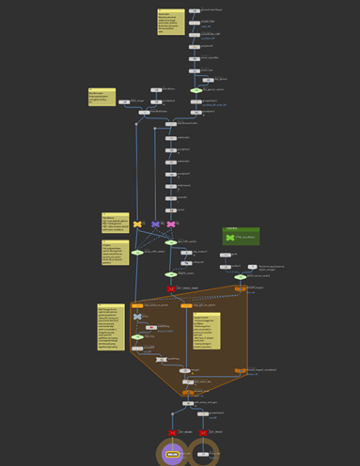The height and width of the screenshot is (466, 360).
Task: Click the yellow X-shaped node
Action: (137, 225)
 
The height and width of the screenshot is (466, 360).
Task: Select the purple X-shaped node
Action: (155, 225)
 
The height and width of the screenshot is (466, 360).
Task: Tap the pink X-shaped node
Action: (170, 225)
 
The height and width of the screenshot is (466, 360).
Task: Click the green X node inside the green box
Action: (230, 239)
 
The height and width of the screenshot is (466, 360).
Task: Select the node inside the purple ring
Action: (172, 455)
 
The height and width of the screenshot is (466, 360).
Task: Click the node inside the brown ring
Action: (204, 455)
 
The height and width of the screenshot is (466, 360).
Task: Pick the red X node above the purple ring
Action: (172, 433)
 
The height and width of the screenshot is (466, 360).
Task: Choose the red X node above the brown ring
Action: (204, 433)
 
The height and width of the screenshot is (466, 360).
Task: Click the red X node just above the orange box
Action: (170, 288)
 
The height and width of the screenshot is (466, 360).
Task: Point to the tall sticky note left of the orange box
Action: (111, 327)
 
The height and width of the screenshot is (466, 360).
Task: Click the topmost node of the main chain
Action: (194, 10)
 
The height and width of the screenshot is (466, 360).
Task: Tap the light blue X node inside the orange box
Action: (137, 317)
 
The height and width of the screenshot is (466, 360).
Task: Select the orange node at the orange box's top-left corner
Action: (137, 305)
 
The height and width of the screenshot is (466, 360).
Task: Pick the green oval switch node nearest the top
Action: (196, 90)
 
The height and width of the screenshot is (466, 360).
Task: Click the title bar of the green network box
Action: (241, 229)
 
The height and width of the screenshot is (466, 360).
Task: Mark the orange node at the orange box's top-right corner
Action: (241, 288)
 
